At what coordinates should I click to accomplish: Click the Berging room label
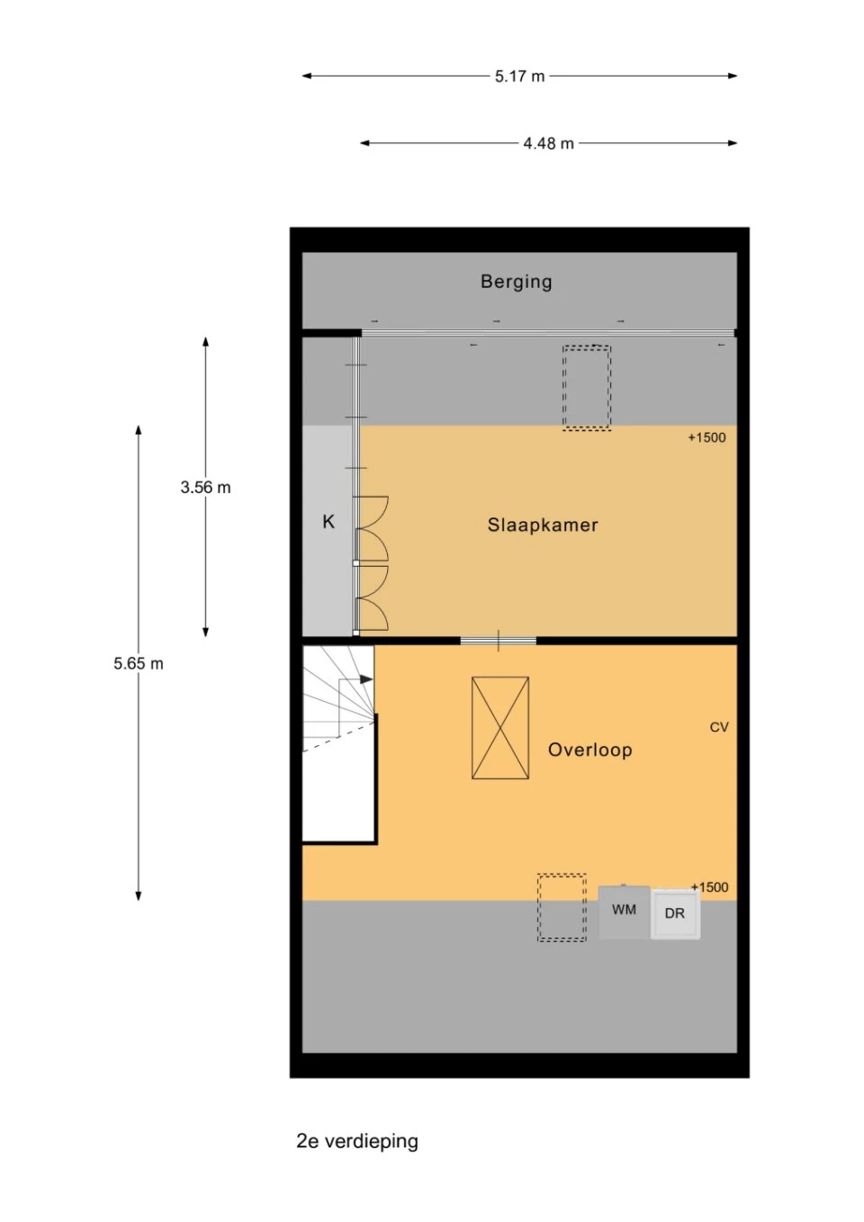tap(516, 282)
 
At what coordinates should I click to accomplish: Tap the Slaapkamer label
tap(543, 525)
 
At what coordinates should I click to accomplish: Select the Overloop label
tap(590, 750)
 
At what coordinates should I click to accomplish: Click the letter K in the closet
tap(328, 522)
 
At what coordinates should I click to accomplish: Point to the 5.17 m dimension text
tap(520, 76)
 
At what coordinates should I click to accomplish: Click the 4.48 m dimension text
tap(549, 143)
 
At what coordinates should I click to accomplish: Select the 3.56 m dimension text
tap(205, 487)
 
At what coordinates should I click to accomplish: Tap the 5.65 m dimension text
tap(139, 663)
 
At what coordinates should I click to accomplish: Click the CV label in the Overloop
tap(719, 727)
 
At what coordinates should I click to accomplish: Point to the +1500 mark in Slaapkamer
tap(706, 437)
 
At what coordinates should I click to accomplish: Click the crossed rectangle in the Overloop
tap(500, 728)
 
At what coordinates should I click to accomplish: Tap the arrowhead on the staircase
tap(366, 679)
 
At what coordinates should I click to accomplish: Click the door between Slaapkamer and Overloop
tap(499, 641)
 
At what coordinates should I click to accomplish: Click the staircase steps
tap(338, 698)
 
